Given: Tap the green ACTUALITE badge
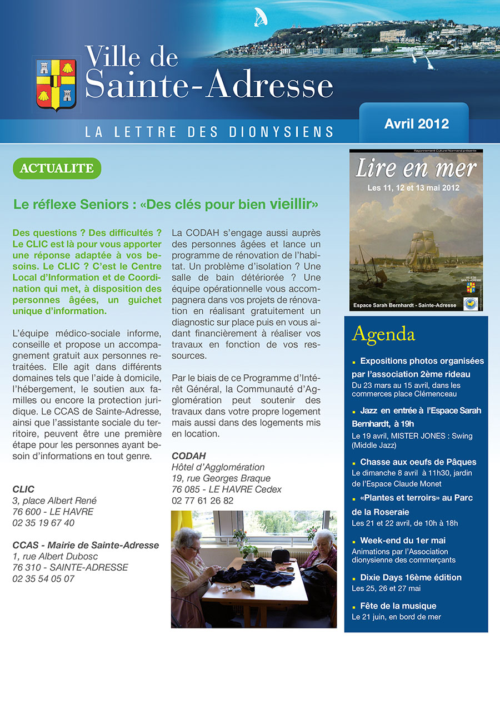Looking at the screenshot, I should coord(57,168).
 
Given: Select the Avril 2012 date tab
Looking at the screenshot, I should coord(416,123).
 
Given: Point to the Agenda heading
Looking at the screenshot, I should coord(383,334).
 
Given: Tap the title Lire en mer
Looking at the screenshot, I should coord(416,169).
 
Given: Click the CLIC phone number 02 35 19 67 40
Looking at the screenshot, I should coord(43,523).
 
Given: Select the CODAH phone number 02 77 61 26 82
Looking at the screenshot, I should coord(203,501).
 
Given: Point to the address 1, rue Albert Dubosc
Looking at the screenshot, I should coord(60,556).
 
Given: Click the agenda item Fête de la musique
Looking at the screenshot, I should coord(398,606).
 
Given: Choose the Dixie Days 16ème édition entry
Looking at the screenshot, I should coord(411,577).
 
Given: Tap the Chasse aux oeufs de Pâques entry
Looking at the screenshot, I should coord(418,462).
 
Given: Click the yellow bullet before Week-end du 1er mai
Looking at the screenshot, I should coord(354,541).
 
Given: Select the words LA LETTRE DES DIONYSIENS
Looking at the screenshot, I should coord(209,132).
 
